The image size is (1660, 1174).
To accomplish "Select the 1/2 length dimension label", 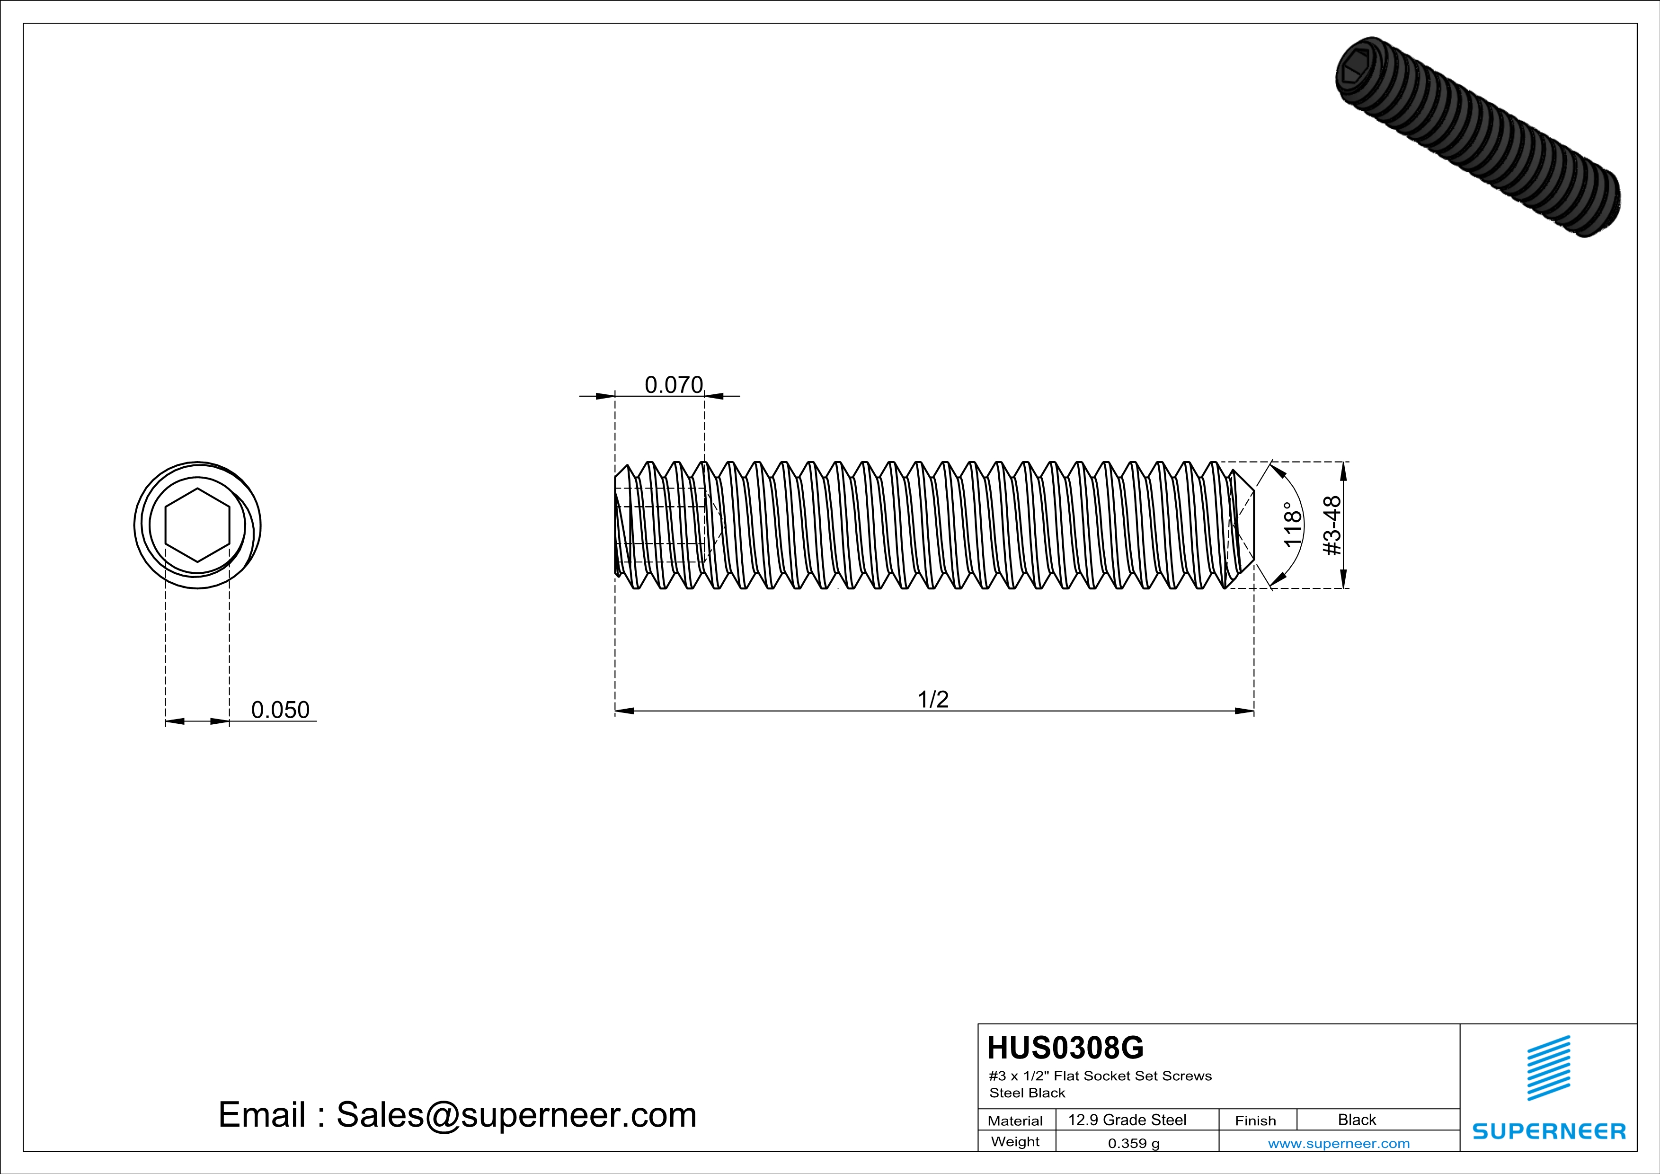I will (932, 699).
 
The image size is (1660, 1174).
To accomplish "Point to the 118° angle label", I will (1292, 525).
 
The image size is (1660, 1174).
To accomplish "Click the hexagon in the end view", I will (197, 525).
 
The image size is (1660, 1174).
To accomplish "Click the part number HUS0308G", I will (1065, 1048).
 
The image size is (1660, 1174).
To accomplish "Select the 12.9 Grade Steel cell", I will (1127, 1120).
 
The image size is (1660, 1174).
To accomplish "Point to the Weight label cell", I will (1015, 1141).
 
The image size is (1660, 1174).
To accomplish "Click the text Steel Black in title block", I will (1027, 1093).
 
